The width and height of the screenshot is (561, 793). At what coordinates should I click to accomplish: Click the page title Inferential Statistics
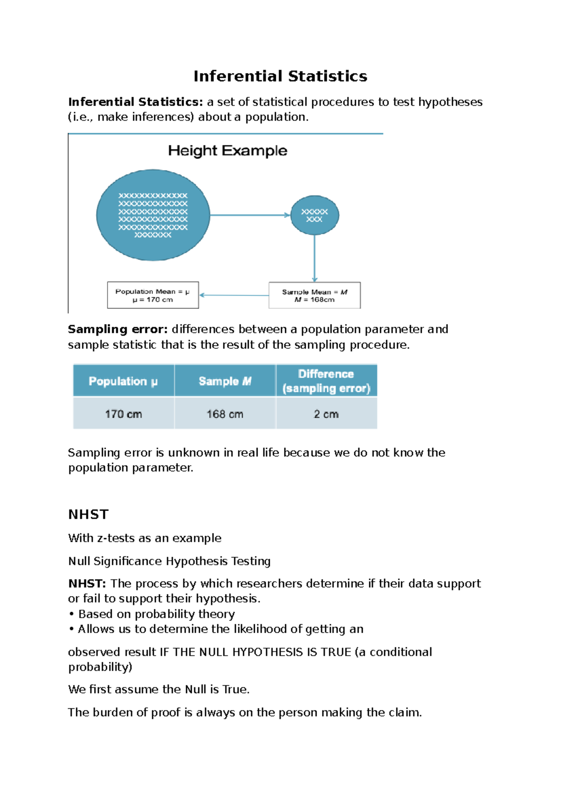click(280, 76)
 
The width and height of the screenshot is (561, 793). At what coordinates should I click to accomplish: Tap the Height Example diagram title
click(228, 151)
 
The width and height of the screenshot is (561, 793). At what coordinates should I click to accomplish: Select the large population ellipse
click(153, 215)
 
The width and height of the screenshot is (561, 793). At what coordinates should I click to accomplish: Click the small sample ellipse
click(315, 215)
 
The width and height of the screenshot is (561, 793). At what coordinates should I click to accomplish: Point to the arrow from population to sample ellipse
click(250, 215)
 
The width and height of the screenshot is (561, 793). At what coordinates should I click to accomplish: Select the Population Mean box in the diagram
click(153, 295)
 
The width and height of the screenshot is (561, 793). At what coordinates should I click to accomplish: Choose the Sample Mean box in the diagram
click(315, 295)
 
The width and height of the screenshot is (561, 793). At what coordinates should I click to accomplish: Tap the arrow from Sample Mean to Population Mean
click(234, 295)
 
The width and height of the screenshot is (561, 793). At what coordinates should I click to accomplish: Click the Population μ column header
click(123, 381)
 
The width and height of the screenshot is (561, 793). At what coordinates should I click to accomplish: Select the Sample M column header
click(225, 381)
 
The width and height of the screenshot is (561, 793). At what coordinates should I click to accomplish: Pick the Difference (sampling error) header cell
click(326, 381)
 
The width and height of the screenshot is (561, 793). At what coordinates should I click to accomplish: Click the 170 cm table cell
click(123, 414)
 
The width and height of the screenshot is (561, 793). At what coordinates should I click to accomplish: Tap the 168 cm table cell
click(225, 414)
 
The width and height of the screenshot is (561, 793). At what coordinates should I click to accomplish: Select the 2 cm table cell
click(326, 414)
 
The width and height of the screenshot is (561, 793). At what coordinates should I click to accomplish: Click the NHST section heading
click(88, 514)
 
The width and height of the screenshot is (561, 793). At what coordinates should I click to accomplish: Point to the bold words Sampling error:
click(117, 329)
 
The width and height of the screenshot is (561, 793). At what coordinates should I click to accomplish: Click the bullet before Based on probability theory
click(72, 614)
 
